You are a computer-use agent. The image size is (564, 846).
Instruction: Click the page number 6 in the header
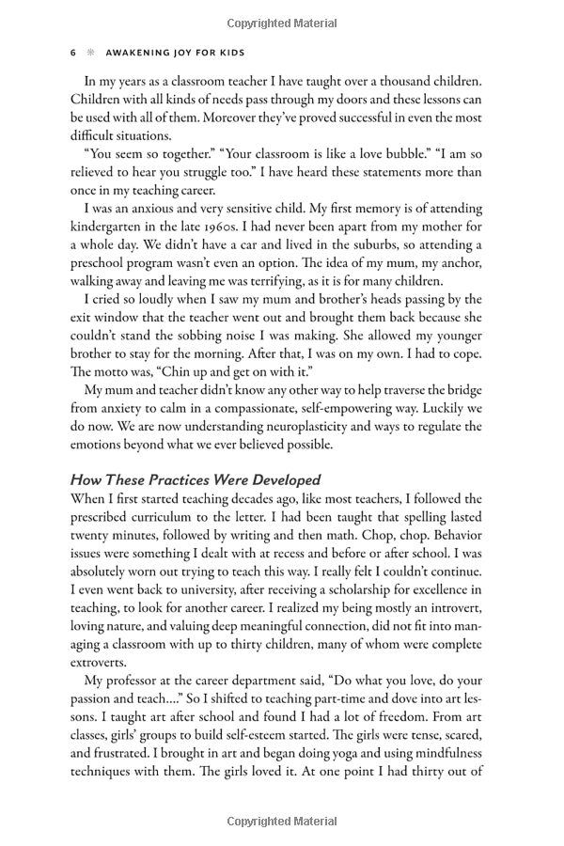coord(73,54)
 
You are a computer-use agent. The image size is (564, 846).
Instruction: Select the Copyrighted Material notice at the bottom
coord(281,822)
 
